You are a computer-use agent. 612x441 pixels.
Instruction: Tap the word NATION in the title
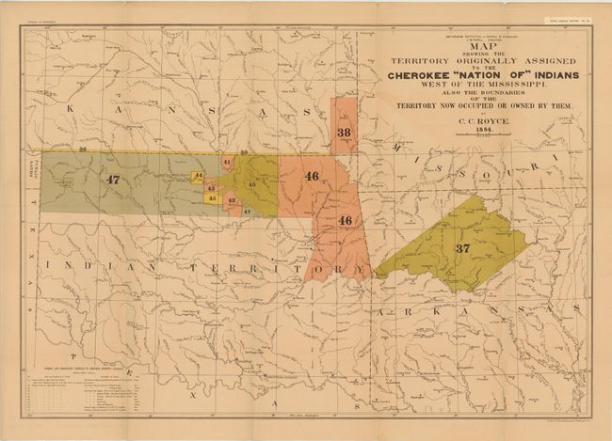pos(486,76)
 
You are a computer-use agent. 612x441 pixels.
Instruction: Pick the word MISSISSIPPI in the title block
pos(496,87)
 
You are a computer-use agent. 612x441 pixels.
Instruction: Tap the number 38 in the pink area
pos(344,133)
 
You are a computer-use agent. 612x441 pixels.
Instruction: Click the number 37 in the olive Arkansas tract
pos(462,248)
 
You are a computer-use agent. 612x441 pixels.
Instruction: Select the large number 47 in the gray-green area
pos(114,179)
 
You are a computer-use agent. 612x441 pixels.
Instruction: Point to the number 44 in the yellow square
pos(198,176)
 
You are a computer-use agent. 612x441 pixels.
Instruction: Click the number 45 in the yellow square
pos(213,198)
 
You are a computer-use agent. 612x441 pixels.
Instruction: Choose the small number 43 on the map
pos(210,188)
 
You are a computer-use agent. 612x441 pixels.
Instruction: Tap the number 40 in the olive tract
pos(252,184)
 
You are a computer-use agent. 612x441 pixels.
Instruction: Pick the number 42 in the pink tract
pos(232,201)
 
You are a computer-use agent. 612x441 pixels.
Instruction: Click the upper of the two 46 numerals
pos(312,176)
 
